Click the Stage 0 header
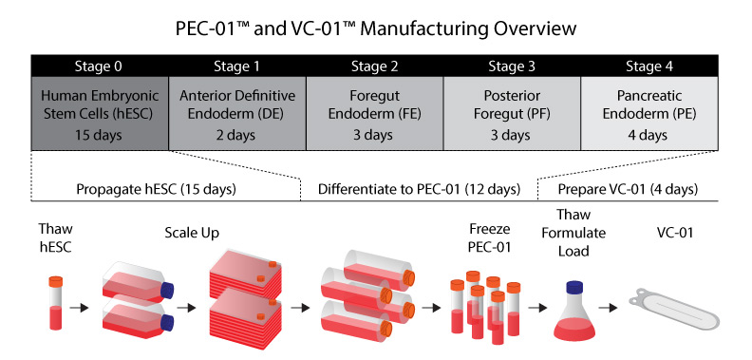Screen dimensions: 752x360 (x=100, y=66)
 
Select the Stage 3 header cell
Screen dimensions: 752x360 (x=512, y=66)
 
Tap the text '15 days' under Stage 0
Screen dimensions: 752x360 (x=99, y=135)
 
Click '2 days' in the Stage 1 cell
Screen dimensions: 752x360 (x=236, y=135)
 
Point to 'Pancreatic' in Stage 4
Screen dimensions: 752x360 (x=649, y=96)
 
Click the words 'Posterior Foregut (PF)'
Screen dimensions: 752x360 (x=512, y=105)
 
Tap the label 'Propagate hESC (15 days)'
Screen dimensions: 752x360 (x=156, y=190)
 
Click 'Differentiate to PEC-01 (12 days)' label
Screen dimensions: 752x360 (x=419, y=190)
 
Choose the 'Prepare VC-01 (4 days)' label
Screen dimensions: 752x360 (x=628, y=190)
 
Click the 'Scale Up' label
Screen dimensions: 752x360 (x=192, y=234)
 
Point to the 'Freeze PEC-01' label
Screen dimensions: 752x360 (x=490, y=238)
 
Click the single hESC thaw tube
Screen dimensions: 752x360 (x=56, y=302)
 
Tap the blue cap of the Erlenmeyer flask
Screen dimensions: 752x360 (x=574, y=287)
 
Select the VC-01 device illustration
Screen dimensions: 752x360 (x=674, y=309)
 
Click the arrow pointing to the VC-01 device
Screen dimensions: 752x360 (x=608, y=308)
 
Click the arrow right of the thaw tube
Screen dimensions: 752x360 (x=79, y=308)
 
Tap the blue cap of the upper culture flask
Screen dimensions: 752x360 (x=167, y=291)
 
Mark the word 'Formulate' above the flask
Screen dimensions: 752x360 (x=573, y=234)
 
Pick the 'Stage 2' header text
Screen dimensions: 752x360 (x=374, y=66)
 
